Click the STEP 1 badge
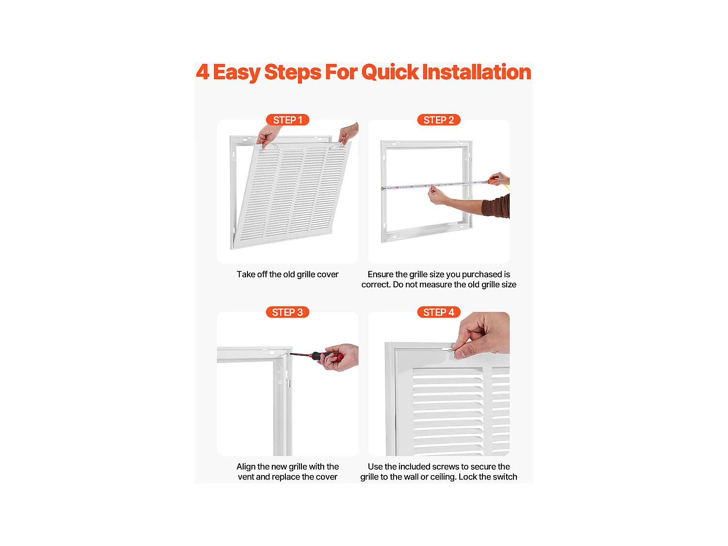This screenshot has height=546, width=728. (287, 120)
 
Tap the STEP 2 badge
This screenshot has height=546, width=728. (438, 120)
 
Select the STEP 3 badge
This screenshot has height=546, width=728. (287, 312)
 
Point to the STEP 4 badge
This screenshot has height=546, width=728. (438, 312)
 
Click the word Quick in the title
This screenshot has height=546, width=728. (390, 72)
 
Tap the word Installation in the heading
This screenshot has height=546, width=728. (477, 72)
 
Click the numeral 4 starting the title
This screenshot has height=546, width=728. (203, 72)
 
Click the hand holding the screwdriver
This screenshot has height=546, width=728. (340, 357)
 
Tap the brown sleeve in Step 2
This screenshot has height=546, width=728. (496, 207)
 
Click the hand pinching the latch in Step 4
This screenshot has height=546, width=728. (483, 335)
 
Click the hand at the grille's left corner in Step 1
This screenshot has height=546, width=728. (269, 135)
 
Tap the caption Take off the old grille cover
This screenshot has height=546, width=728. (287, 275)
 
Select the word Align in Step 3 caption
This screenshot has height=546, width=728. (246, 467)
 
